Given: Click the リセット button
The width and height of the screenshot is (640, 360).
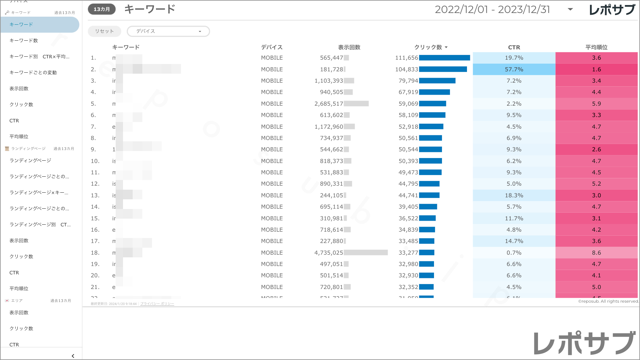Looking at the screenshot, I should point(104,31).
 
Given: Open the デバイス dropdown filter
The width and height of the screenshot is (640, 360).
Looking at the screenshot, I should point(168,31).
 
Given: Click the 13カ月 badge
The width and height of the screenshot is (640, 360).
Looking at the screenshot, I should point(102,9).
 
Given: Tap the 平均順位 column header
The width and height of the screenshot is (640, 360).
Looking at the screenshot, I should point(596,47).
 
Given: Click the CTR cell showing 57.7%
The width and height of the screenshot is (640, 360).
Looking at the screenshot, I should point(514,69).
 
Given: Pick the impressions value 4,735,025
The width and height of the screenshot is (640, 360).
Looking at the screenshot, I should point(328,253).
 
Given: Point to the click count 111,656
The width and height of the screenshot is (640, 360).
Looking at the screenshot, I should point(406,58).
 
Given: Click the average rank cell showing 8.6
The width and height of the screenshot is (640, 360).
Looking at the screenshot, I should point(596,253).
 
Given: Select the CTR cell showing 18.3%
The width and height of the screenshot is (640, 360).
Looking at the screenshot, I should point(514,195).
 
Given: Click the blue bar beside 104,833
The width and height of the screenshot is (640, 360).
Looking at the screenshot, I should point(443,69).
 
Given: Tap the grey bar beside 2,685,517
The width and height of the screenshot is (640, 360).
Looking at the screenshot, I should point(356,104).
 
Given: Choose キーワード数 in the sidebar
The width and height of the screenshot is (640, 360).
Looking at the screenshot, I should point(24,41).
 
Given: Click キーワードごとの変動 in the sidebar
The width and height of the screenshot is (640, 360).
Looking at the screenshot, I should point(33,73).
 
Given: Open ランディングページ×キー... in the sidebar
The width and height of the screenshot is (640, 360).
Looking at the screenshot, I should point(39,193).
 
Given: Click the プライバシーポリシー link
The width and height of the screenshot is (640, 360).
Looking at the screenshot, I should point(157,304).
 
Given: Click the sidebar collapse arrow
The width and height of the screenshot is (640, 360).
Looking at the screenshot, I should point(73,356).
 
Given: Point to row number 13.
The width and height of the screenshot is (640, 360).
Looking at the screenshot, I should point(95,195).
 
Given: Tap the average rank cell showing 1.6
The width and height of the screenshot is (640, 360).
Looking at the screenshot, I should point(596,69).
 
